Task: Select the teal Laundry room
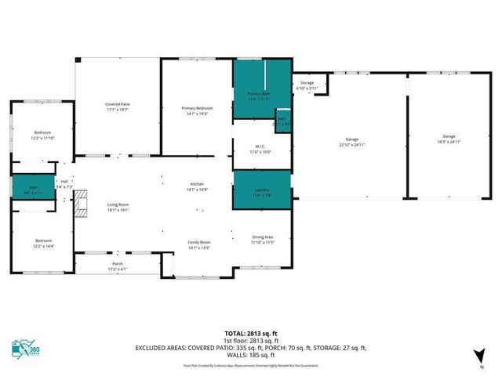tap(262, 193)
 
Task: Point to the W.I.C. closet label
tap(262, 148)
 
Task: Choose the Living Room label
tap(118, 207)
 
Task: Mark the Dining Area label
tap(262, 238)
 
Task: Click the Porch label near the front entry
tap(118, 267)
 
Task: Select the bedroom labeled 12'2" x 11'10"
tap(42, 135)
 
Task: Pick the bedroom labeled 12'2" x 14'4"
tap(42, 242)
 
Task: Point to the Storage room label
tap(307, 85)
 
